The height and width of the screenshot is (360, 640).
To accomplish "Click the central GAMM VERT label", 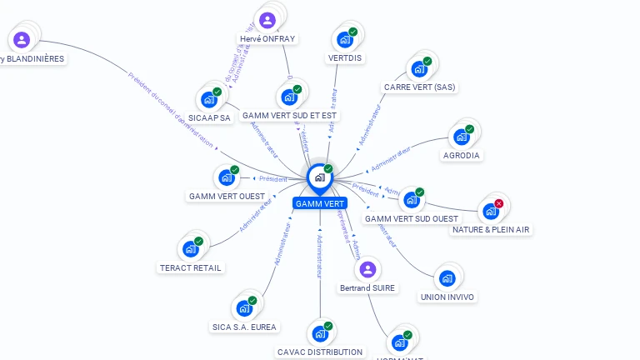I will coord(320,203).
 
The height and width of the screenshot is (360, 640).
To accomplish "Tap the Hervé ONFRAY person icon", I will coord(267,20).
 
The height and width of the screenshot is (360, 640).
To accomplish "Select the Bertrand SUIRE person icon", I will coord(367,269).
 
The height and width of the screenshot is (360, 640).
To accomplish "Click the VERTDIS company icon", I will coord(344,39).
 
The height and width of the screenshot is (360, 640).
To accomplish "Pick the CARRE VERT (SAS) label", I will coord(420,87).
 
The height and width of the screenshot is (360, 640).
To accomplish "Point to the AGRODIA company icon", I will coord(461,137).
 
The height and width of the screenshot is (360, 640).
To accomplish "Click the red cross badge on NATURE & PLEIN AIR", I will coord(499,203).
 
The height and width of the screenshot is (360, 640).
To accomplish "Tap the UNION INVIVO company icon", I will coord(447,278).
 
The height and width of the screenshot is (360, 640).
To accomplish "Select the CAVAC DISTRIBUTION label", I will coord(320,352).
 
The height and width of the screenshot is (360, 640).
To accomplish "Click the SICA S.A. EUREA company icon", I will coord(244,308).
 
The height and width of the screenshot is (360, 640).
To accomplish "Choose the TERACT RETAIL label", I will coord(191,267).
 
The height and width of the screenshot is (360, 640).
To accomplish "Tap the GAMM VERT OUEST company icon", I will coord(226,177).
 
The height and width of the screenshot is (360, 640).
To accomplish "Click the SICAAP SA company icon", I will coord(208,99).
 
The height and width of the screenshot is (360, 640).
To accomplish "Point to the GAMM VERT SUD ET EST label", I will coord(290,116).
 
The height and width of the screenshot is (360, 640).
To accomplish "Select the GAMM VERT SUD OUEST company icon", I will coord(411,200).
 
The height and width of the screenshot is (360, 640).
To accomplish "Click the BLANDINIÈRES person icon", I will coord(22,39).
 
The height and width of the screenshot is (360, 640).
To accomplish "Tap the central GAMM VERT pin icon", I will coord(319,177).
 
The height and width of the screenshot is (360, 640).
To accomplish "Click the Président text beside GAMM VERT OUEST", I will coord(272,179).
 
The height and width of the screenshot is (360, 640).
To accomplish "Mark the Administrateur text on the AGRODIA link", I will coord(392,158).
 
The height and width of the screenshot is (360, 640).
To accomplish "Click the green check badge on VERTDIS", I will coord(353,32).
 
